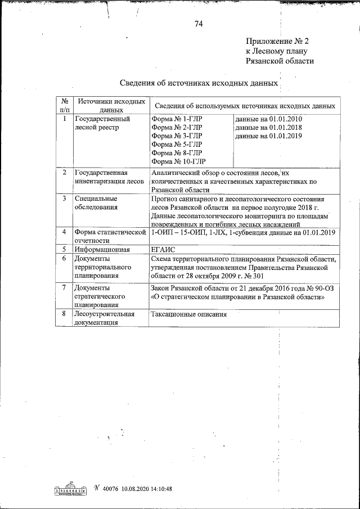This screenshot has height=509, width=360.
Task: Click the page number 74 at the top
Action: click(198, 24)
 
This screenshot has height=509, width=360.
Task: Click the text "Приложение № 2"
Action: click(277, 42)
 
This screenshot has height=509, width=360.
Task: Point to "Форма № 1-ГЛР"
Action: click(176, 119)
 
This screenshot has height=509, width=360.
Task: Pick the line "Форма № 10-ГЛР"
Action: click(178, 161)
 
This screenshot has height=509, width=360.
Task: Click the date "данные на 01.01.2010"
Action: click(268, 119)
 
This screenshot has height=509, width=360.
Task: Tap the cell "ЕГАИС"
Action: click(163, 249)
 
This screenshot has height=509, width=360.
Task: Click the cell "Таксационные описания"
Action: click(188, 314)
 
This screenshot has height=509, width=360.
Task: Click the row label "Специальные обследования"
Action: click(96, 203)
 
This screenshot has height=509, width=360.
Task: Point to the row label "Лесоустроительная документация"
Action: click(104, 318)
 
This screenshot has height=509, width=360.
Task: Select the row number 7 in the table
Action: click(65, 288)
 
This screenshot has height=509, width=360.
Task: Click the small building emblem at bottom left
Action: click(70, 489)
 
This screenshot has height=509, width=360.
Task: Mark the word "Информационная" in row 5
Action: click(102, 249)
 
